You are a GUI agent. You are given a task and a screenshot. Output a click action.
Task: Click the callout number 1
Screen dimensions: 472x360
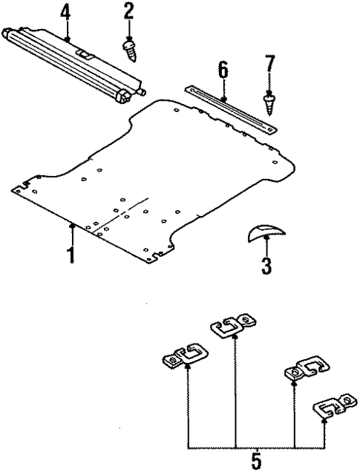point(71,255)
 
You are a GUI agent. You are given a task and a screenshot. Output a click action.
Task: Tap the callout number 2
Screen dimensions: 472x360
point(129,11)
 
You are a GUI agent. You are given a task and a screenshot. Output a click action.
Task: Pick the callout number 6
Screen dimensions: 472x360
point(223,71)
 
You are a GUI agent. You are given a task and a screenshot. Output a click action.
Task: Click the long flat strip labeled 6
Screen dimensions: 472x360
point(230,107)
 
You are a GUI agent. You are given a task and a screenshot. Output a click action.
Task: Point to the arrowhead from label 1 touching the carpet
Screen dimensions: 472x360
point(72,225)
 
